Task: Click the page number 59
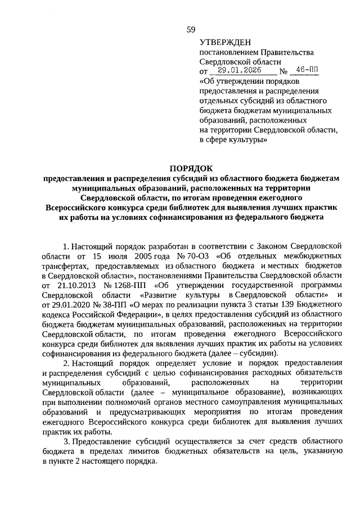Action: pyautogui.click(x=191, y=30)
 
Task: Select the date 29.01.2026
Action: pyautogui.click(x=242, y=71)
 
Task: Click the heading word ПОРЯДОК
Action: pyautogui.click(x=191, y=168)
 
